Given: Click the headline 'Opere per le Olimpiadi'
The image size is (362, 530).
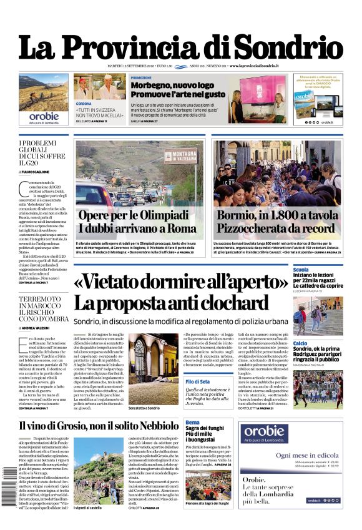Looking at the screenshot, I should click(x=133, y=215).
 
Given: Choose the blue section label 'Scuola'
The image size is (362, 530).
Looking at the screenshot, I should click(x=301, y=270).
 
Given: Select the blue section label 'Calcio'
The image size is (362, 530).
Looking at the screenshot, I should click(x=300, y=343).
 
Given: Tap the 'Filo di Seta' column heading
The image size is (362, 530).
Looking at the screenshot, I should click(x=197, y=381).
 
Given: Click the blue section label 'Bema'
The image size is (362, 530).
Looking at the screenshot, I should click(x=192, y=423).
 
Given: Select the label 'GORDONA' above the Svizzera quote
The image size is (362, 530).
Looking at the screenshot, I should click(x=84, y=103).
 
